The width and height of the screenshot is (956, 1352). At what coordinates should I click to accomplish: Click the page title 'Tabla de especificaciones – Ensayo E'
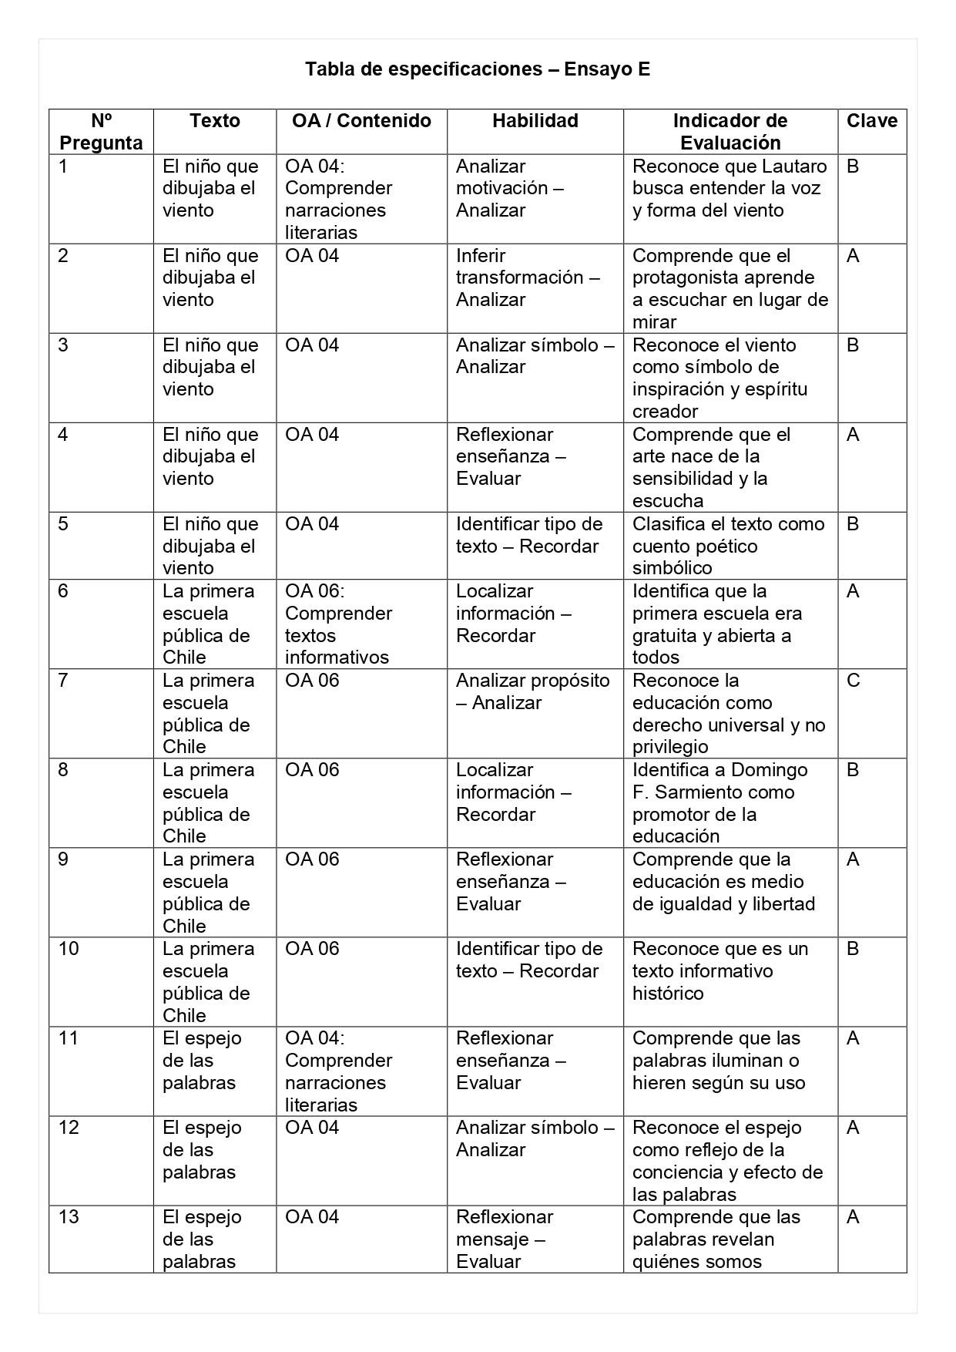coord(478,69)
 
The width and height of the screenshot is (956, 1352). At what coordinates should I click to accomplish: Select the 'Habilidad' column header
coord(535,121)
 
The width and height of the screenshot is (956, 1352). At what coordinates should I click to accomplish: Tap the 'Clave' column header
coord(871,121)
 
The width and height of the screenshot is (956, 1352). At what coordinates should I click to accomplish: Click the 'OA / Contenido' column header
coord(361,121)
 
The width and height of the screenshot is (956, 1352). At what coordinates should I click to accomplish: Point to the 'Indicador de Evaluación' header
coord(730,132)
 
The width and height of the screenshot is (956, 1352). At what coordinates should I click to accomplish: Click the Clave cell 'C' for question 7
coord(853,681)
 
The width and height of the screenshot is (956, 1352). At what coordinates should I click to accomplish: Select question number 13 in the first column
coord(69,1217)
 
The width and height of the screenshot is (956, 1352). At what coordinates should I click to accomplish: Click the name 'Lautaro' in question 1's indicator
coord(794,166)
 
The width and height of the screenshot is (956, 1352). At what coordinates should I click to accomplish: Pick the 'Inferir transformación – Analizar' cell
coord(528,277)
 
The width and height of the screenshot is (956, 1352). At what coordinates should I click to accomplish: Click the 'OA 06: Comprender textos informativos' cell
coord(338,624)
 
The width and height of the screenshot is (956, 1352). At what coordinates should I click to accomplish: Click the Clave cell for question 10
coord(853,949)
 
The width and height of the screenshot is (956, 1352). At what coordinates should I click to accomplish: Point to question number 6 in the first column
coord(63,591)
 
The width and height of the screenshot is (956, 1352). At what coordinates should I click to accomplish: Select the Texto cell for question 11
coord(202,1061)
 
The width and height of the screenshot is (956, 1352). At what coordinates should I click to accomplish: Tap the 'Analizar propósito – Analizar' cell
coord(532,691)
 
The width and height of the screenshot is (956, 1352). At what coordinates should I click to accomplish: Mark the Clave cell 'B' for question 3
coord(853,345)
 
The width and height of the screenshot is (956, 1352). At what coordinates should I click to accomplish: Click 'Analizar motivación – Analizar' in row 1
coord(509,188)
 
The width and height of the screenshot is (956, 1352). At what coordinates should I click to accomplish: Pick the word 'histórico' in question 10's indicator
coord(668,994)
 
